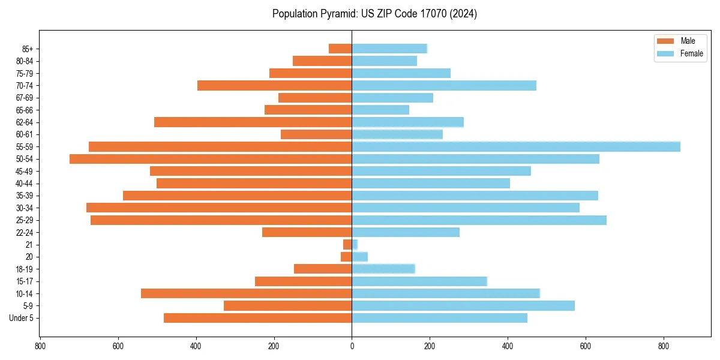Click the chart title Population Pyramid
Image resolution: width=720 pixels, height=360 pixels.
374,14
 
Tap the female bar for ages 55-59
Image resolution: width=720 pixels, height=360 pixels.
516,146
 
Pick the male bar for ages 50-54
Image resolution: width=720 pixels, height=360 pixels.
211,159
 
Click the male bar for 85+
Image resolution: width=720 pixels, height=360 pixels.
340,49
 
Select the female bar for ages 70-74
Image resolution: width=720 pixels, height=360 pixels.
444,85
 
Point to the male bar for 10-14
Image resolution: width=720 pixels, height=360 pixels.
246,293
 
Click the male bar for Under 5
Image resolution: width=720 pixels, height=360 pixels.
257,318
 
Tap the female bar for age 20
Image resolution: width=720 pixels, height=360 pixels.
359,257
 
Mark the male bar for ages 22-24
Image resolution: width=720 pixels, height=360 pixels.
307,232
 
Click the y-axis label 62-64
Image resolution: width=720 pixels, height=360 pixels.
25,122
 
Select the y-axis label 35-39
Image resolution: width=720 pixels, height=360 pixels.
25,196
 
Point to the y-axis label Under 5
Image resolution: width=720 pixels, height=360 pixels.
22,318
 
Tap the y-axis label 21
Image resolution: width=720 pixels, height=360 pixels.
29,245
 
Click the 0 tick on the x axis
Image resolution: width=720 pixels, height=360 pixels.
352,346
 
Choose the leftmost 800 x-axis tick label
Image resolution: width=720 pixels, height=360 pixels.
40,346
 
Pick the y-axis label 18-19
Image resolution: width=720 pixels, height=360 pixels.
25,269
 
